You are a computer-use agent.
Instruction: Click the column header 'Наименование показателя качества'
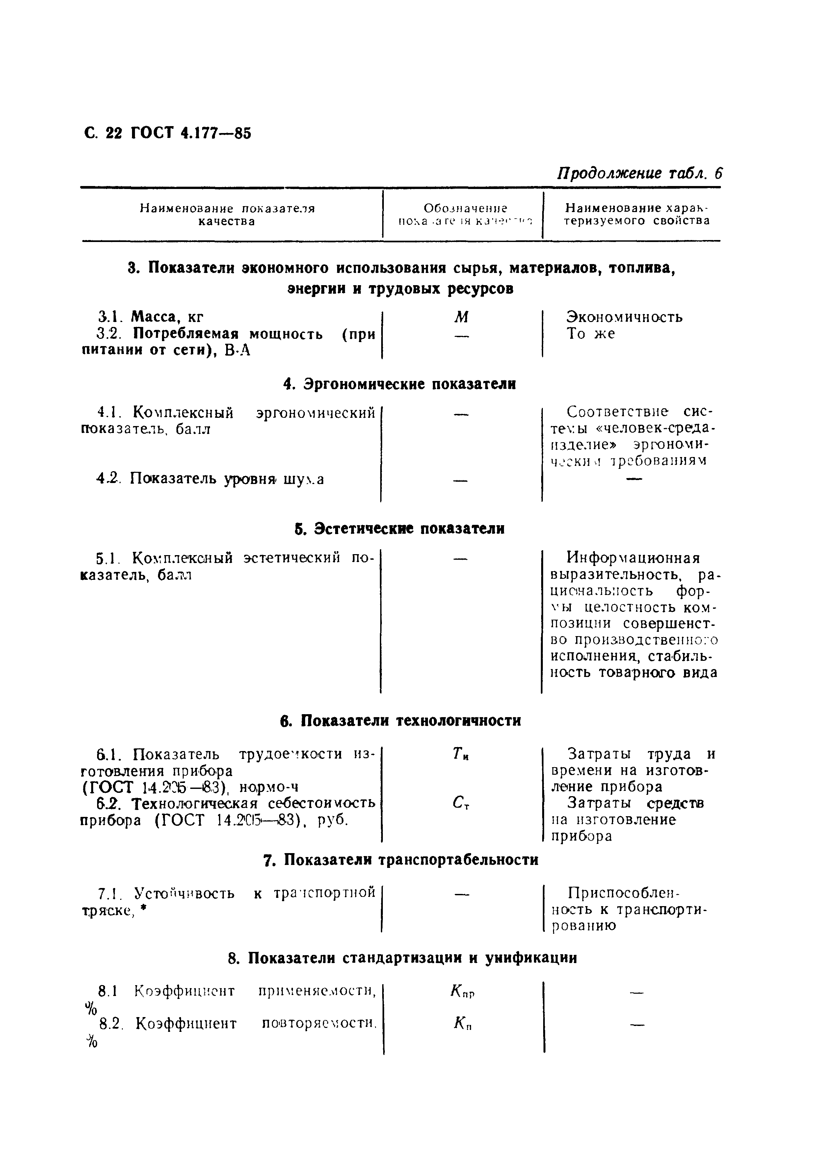227,215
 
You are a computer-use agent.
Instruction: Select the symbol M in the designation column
461,317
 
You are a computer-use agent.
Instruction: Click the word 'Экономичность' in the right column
624,317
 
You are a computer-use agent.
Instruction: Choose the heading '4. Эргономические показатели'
400,384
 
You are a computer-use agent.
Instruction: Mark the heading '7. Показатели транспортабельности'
401,860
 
